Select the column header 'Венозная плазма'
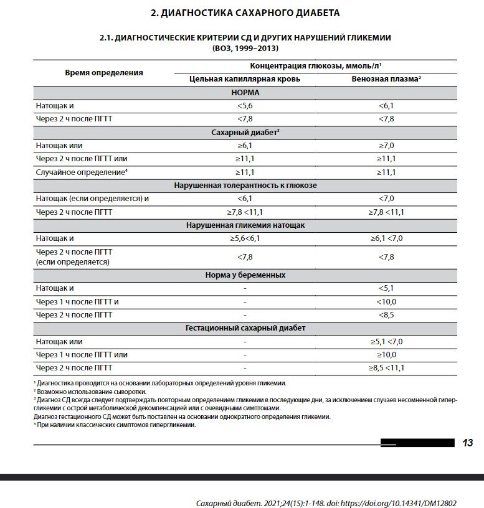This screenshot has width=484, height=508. tap(385, 79)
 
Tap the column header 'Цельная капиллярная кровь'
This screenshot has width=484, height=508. tap(245, 79)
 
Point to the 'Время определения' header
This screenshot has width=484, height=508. tap(104, 72)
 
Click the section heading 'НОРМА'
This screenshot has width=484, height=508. tap(245, 92)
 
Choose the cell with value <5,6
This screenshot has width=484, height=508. tap(245, 106)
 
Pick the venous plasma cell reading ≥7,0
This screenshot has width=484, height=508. tap(386, 145)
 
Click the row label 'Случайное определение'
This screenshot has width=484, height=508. tap(80, 172)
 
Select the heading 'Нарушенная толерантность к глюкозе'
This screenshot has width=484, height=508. tap(245, 185)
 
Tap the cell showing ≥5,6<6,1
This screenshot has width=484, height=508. tap(245, 238)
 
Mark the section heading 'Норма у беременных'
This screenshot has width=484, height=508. tap(245, 275)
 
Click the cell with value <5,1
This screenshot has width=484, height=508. tap(386, 288)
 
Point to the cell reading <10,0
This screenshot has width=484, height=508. tap(386, 301)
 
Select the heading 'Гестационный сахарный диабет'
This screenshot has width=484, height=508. tap(245, 327)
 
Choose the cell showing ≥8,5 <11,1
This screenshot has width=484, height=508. tap(386, 367)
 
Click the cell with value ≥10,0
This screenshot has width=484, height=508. tap(386, 354)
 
